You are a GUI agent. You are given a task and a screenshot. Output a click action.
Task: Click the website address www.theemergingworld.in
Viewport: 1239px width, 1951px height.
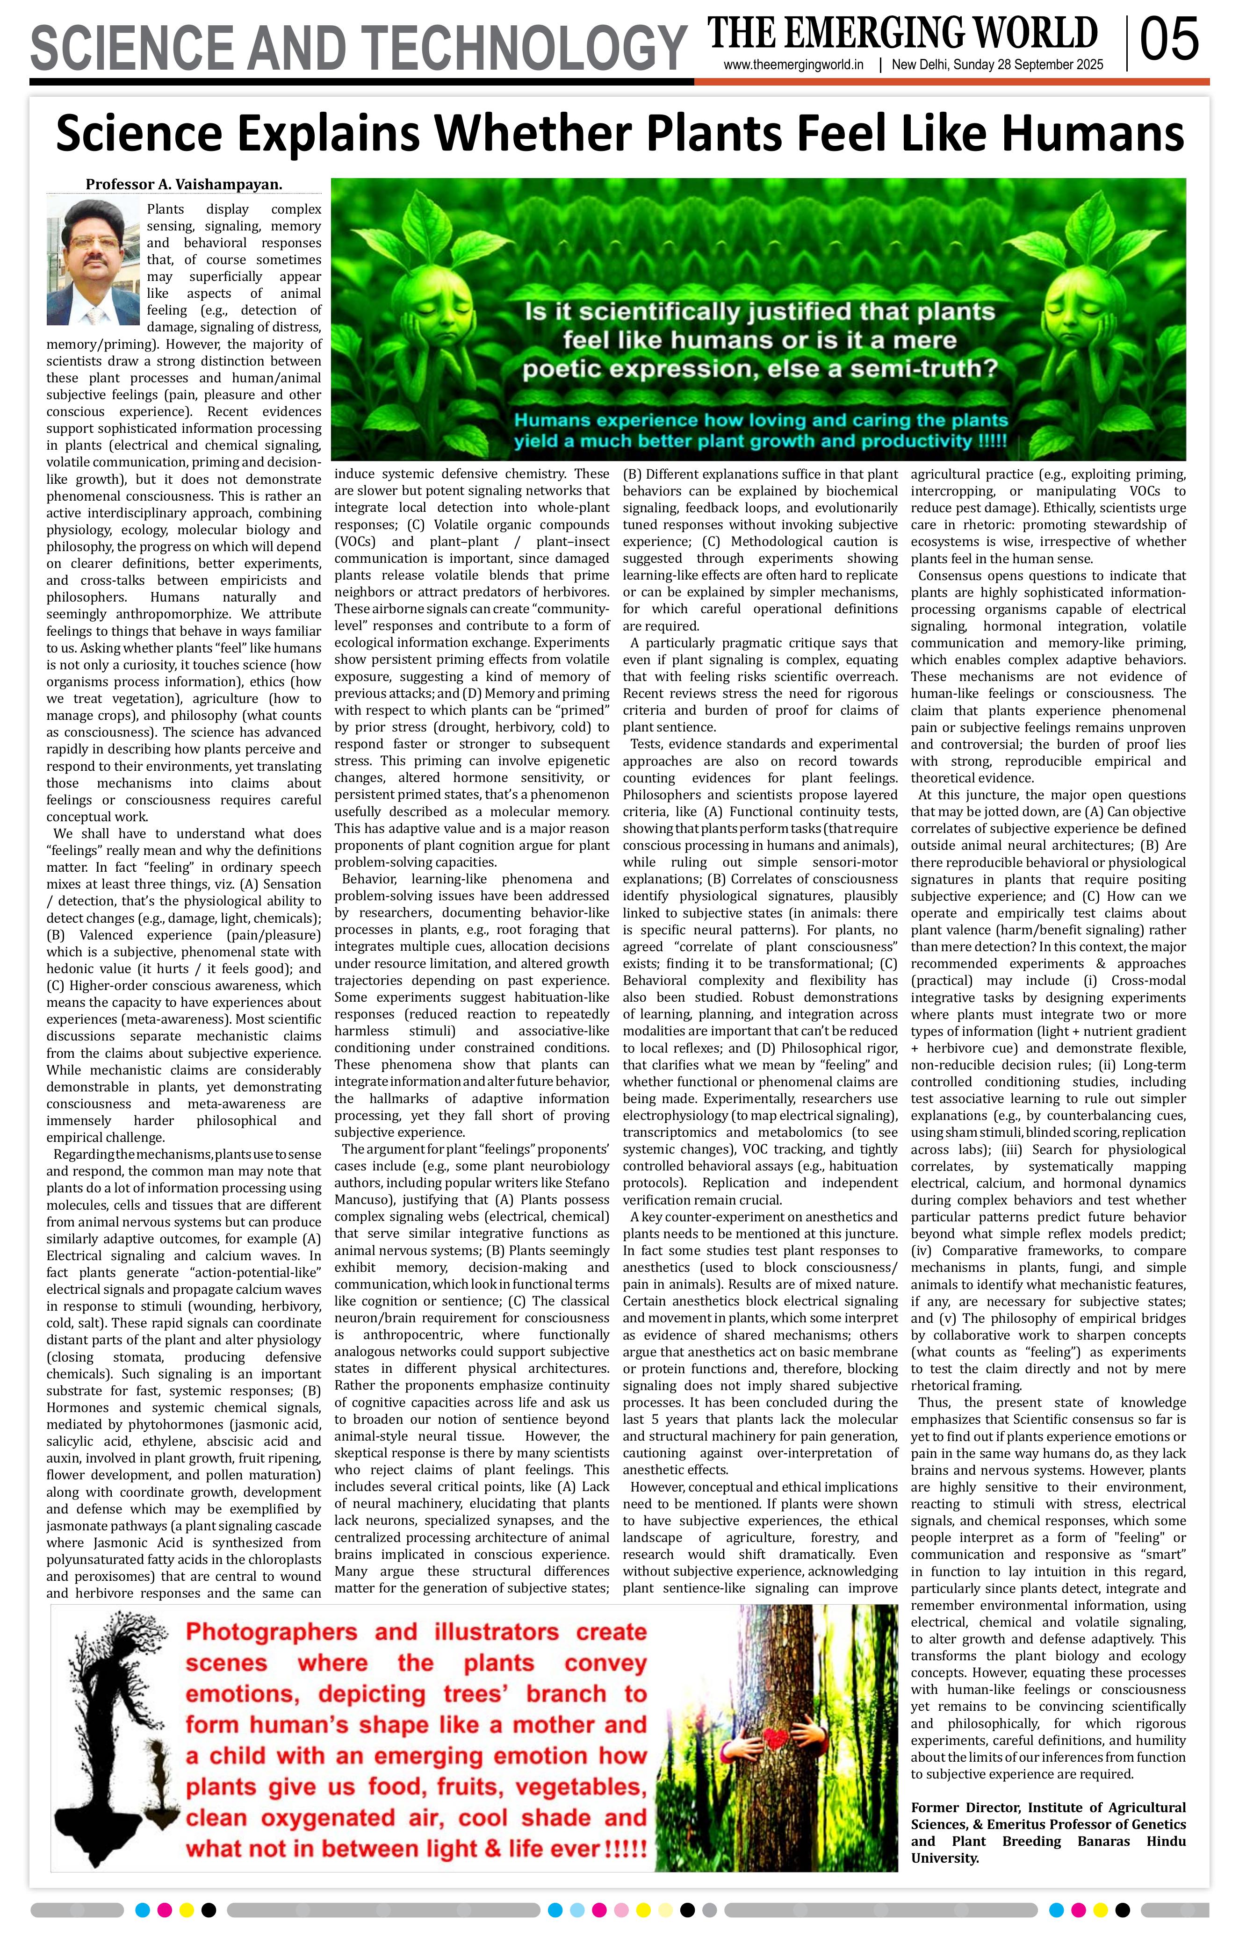[x=794, y=65]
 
